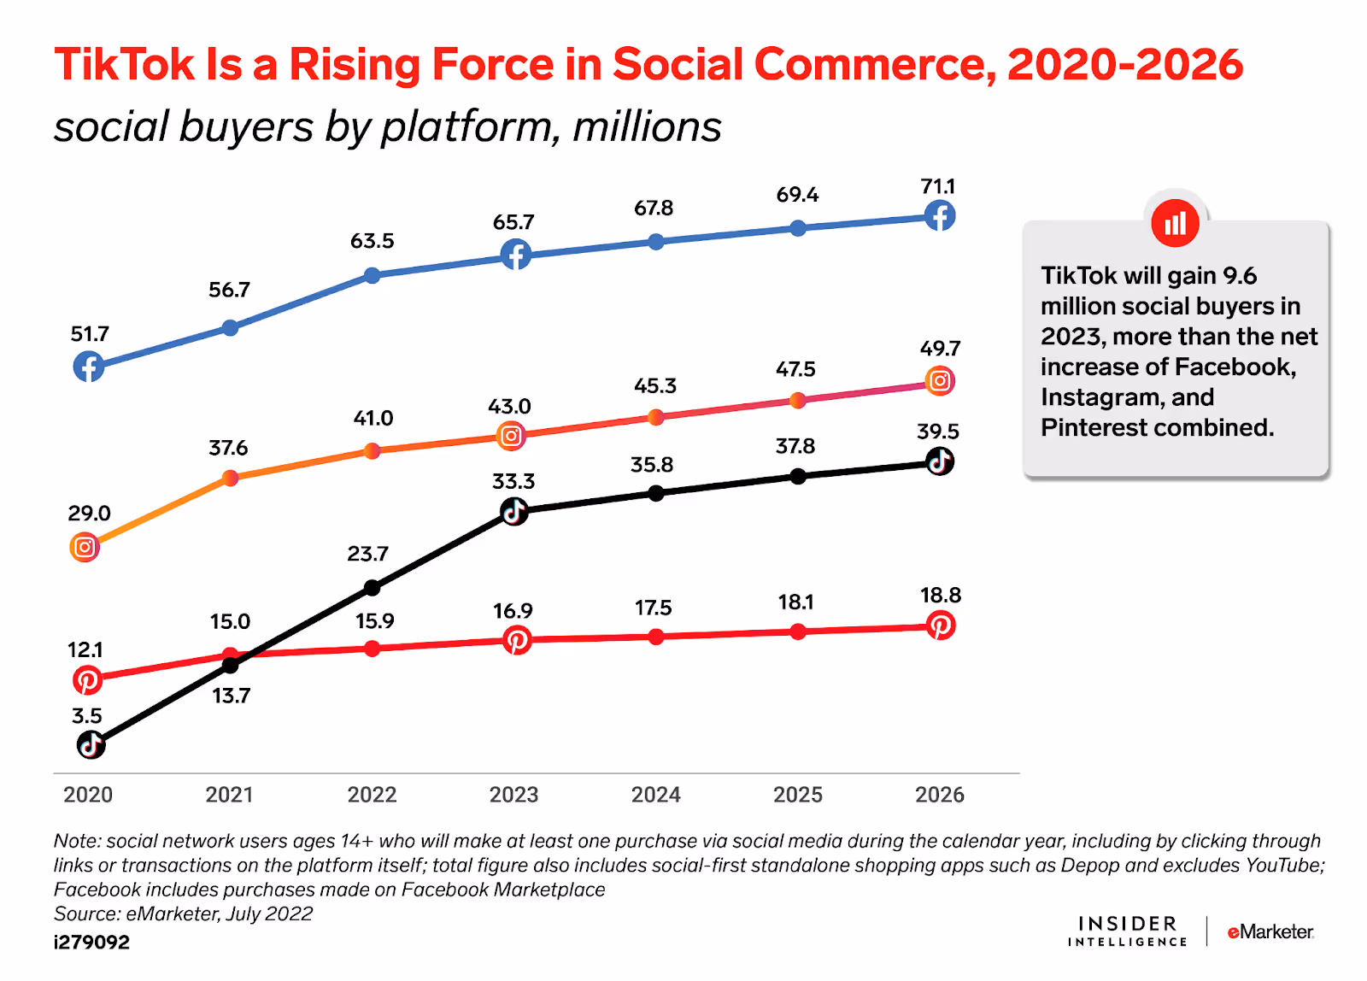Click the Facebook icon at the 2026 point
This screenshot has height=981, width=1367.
[x=940, y=216]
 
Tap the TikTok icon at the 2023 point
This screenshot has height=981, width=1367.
[x=513, y=512]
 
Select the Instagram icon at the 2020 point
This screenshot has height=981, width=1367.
[x=85, y=547]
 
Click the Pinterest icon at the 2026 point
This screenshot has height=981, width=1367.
[x=940, y=626]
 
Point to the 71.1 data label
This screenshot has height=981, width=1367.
[x=938, y=186]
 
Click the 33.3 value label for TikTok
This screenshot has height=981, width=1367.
[x=513, y=481]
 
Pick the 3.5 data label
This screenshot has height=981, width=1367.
[x=87, y=716]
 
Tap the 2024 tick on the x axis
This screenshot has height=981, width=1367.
[x=655, y=795]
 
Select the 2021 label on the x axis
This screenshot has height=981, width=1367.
[x=229, y=795]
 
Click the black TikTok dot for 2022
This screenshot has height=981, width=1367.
[x=372, y=587]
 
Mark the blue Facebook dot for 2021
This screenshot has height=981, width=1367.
[x=230, y=327]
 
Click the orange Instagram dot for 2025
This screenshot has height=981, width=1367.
[x=797, y=400]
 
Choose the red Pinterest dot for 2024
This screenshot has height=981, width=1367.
[x=655, y=637]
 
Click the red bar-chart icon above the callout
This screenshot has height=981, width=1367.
[x=1175, y=223]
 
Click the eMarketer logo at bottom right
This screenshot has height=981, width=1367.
[x=1270, y=931]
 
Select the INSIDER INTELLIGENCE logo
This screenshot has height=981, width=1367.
[x=1127, y=931]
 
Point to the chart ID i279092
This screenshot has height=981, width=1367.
[x=91, y=943]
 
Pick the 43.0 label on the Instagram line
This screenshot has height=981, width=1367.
[x=509, y=407]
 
